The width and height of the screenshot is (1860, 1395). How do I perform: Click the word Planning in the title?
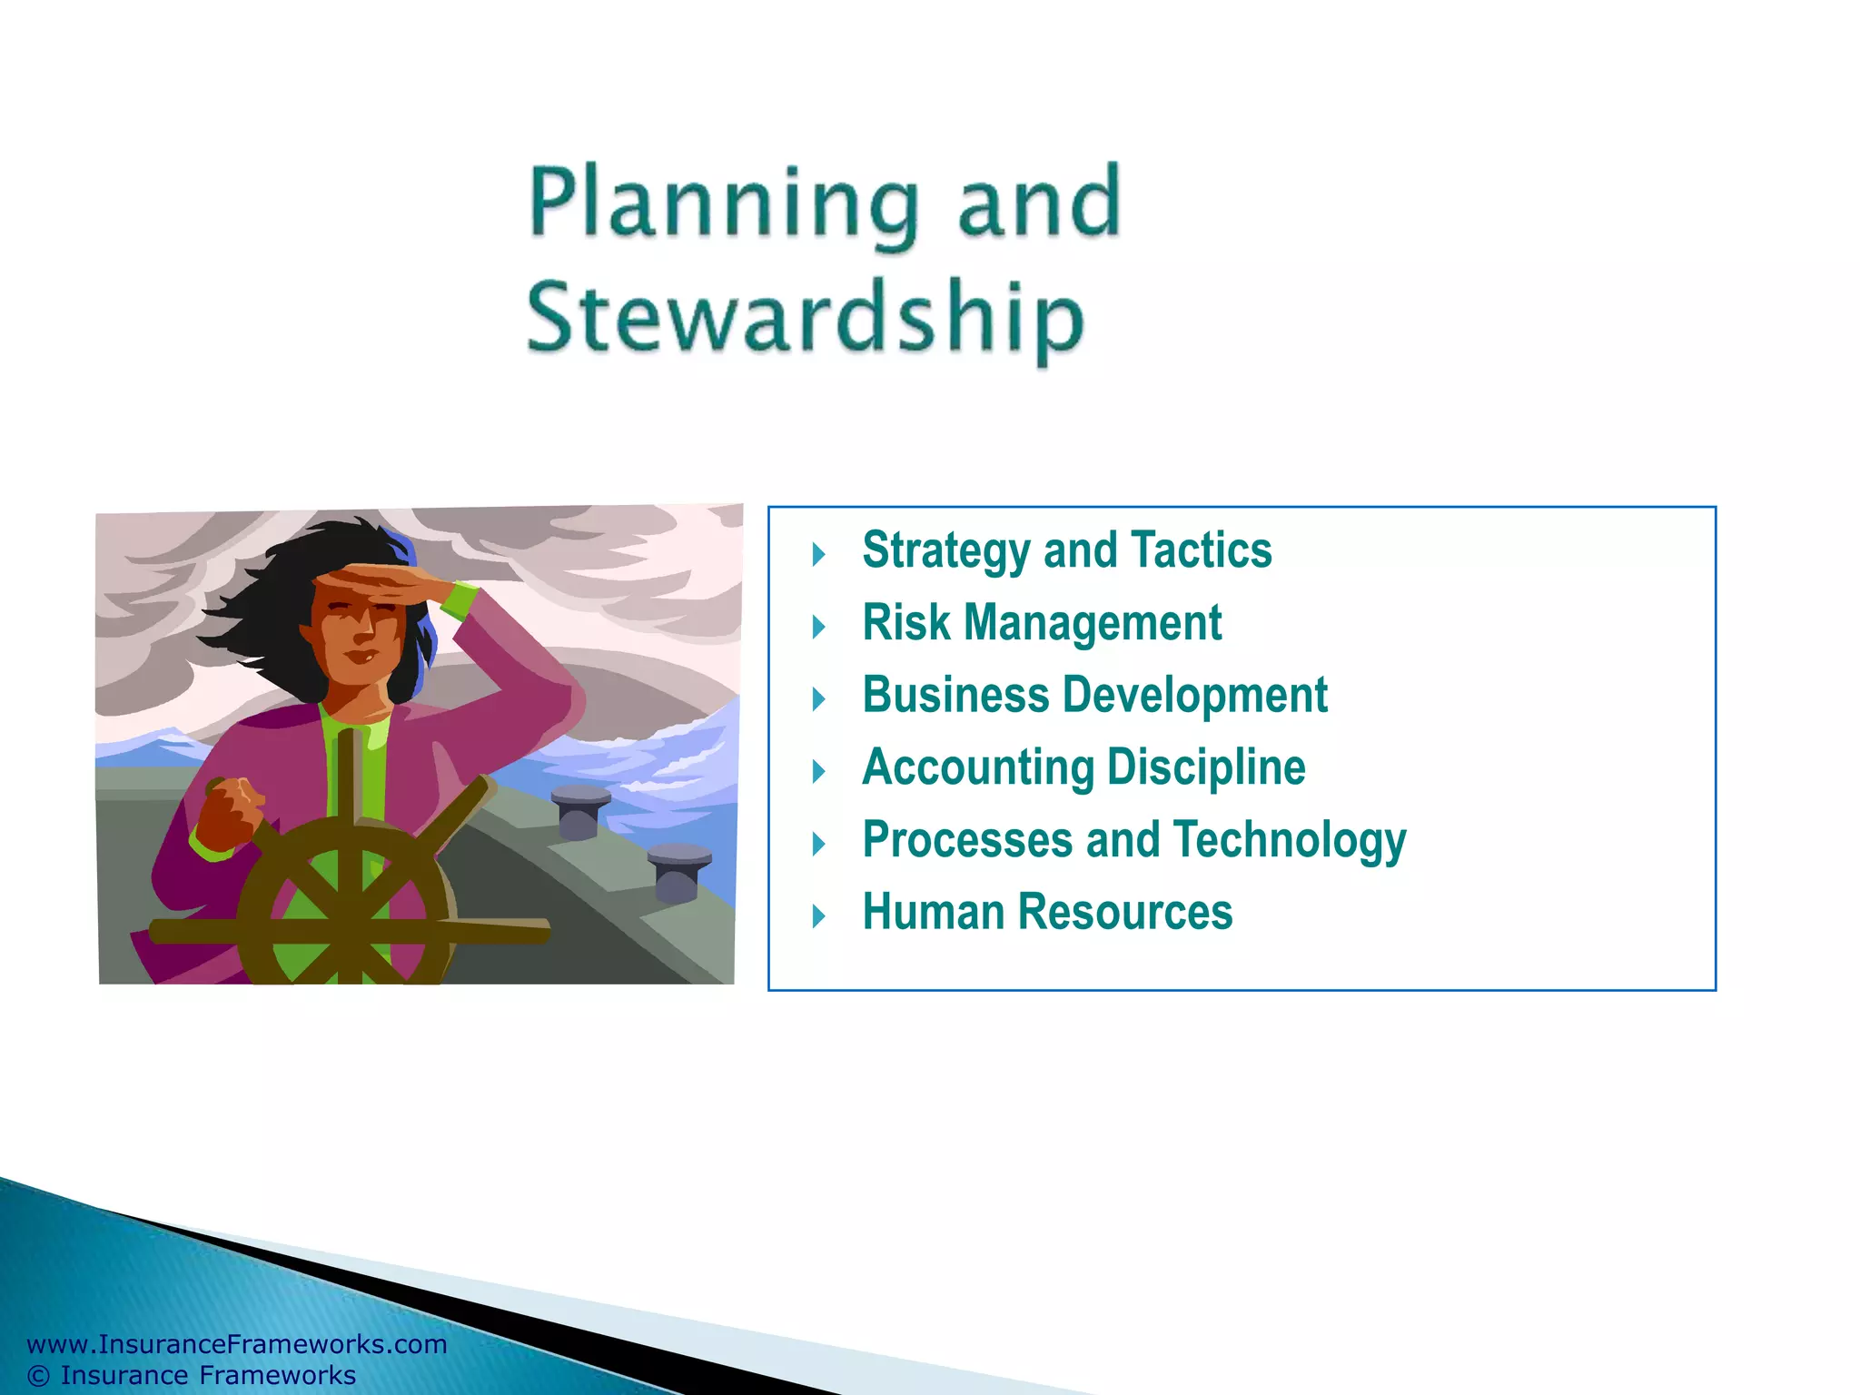pyautogui.click(x=722, y=204)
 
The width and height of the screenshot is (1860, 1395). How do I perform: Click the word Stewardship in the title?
pyautogui.click(x=805, y=318)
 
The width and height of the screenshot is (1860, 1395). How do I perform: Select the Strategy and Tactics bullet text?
pyautogui.click(x=1066, y=550)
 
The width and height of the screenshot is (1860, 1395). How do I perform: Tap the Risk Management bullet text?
pyautogui.click(x=1041, y=623)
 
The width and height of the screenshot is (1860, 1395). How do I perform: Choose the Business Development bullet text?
pyautogui.click(x=1093, y=696)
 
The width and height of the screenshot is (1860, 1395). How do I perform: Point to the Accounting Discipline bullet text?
pyautogui.click(x=1083, y=768)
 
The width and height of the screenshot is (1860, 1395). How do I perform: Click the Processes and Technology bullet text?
pyautogui.click(x=1133, y=840)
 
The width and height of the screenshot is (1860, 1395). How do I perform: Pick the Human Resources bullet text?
pyautogui.click(x=1046, y=913)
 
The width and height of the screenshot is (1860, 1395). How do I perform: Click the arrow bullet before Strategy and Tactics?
pyautogui.click(x=818, y=554)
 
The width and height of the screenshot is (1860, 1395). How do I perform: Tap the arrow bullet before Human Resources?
pyautogui.click(x=818, y=915)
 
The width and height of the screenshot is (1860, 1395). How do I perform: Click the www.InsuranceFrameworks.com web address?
pyautogui.click(x=237, y=1344)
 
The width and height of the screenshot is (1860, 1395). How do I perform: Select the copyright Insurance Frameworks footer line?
pyautogui.click(x=192, y=1375)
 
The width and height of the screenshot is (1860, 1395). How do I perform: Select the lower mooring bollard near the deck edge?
pyautogui.click(x=678, y=868)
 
